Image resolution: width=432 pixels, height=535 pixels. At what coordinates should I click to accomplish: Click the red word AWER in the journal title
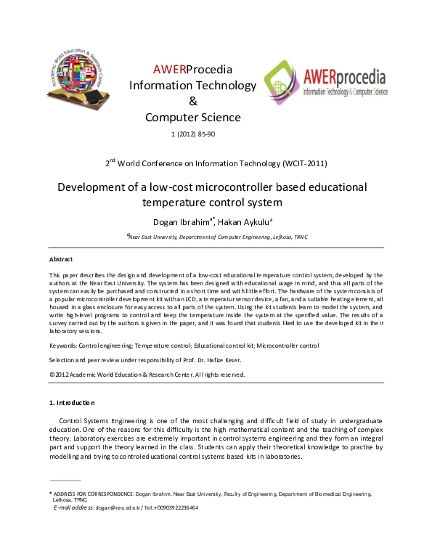(169, 70)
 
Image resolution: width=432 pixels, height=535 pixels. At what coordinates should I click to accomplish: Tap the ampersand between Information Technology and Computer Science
(192, 102)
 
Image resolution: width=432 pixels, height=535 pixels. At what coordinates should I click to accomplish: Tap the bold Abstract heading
(60, 259)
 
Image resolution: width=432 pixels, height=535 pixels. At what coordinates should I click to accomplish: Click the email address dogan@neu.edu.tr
(121, 507)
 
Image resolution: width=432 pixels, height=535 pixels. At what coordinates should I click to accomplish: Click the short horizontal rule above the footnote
(65, 481)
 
